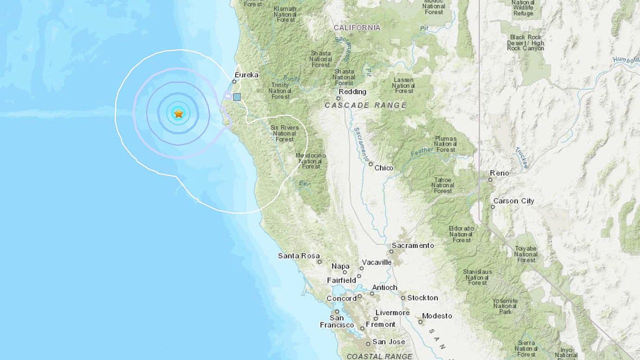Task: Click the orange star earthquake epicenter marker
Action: [x=178, y=113]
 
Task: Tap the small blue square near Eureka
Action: [x=237, y=97]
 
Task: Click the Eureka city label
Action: [x=246, y=75]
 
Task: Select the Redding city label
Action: [x=352, y=91]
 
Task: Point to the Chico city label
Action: [x=383, y=168]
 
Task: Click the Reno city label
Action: [x=499, y=173]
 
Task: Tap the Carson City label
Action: [x=513, y=201]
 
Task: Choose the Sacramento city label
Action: [x=412, y=245]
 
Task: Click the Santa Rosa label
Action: [x=299, y=256]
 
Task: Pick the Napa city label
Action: [x=340, y=266]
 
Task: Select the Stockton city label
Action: [x=422, y=297]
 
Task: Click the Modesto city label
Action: [x=437, y=316]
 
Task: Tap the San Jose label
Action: [x=385, y=342]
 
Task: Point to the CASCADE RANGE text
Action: [x=365, y=105]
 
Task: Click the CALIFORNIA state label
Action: [x=357, y=27]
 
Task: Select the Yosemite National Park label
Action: [x=504, y=306]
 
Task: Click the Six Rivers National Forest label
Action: [x=284, y=133]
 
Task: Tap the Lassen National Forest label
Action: [x=403, y=85]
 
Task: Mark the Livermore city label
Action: [x=392, y=312]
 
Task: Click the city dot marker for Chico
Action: [x=370, y=164]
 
